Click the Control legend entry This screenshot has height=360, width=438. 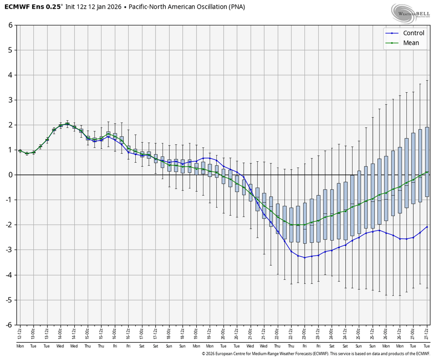coord(413,33)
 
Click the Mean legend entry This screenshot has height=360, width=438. coord(411,43)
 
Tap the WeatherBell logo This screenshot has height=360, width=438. coord(410,13)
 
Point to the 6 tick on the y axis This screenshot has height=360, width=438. coord(10,25)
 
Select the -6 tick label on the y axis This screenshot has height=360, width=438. coord(9,324)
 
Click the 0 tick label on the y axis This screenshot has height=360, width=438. coord(10,175)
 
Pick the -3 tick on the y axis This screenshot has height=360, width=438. coord(9,250)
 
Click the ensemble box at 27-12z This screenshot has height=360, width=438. coord(427,162)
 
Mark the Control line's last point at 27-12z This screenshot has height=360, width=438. coord(427,227)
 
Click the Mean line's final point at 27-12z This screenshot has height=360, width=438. coord(427,172)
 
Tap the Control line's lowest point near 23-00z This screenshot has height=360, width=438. coord(305,258)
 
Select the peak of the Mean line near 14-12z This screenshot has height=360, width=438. coord(68,124)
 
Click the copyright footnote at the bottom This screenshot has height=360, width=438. coord(316,353)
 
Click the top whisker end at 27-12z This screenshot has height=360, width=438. coord(427,80)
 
